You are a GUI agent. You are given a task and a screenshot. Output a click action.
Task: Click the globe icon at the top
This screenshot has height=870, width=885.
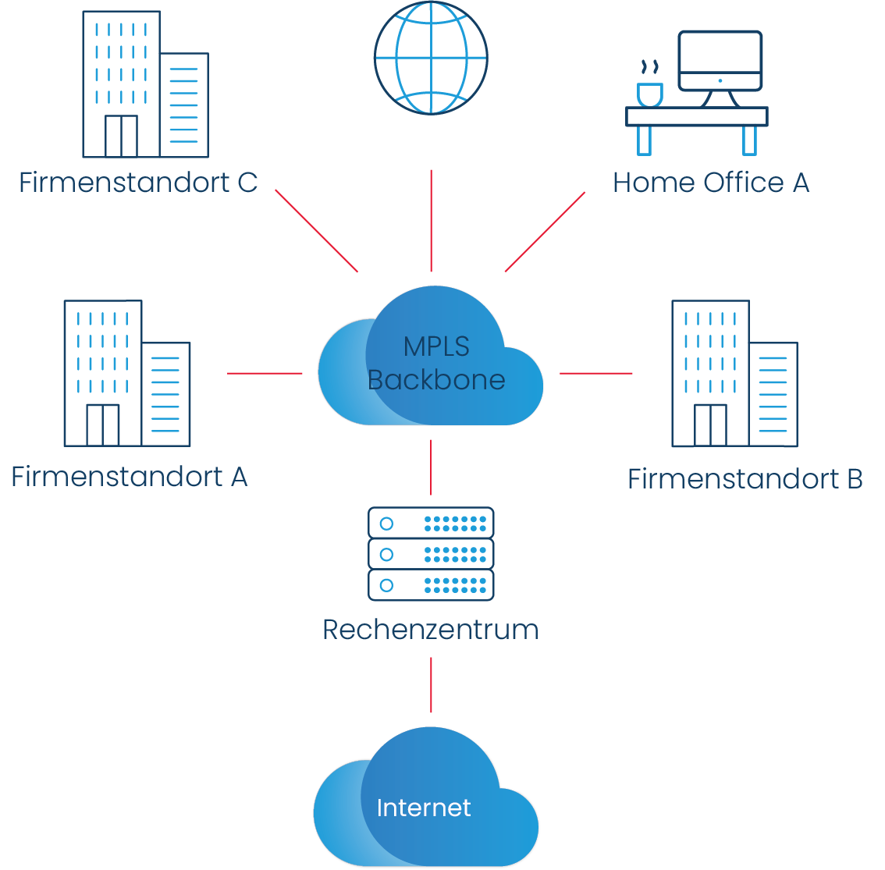(x=431, y=59)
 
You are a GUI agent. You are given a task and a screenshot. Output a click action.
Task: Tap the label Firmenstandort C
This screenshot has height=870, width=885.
(x=138, y=183)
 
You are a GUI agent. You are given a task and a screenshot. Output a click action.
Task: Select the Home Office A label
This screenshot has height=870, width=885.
(x=711, y=183)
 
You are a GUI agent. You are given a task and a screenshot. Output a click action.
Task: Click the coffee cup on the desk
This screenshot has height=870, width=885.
(x=649, y=94)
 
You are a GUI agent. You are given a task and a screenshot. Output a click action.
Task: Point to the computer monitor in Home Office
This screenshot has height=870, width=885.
(x=720, y=61)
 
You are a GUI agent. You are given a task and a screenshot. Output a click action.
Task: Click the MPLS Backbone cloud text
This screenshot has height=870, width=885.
(x=436, y=364)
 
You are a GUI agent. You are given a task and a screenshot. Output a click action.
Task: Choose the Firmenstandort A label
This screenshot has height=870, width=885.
(x=130, y=477)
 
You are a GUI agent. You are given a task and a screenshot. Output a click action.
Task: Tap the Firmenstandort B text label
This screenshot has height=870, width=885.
(x=745, y=479)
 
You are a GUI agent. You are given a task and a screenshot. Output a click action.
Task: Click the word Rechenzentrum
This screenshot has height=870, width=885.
(x=431, y=630)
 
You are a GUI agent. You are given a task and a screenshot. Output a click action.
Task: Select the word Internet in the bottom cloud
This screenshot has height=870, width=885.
(x=424, y=808)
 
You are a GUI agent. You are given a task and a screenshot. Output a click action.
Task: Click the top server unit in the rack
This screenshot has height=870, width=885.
(x=431, y=523)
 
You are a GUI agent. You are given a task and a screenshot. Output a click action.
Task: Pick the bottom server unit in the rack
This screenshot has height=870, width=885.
(x=431, y=585)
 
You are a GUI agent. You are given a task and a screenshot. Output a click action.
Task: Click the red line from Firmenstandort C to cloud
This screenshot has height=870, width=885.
(x=317, y=231)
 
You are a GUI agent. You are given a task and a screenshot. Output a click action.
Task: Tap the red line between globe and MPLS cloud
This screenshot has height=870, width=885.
(x=431, y=221)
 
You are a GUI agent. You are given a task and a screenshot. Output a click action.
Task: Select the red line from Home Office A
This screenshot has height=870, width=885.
(x=545, y=232)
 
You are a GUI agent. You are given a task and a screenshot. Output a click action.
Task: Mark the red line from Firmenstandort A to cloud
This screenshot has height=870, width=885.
(x=265, y=373)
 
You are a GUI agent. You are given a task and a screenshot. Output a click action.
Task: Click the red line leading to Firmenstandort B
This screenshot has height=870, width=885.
(x=596, y=373)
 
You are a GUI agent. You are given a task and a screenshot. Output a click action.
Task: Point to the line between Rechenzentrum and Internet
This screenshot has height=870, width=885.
(x=431, y=684)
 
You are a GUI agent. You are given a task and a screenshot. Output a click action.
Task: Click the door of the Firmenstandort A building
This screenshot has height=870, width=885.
(x=102, y=425)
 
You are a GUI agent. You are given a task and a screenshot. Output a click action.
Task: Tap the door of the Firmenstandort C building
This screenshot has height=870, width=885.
(x=121, y=137)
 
